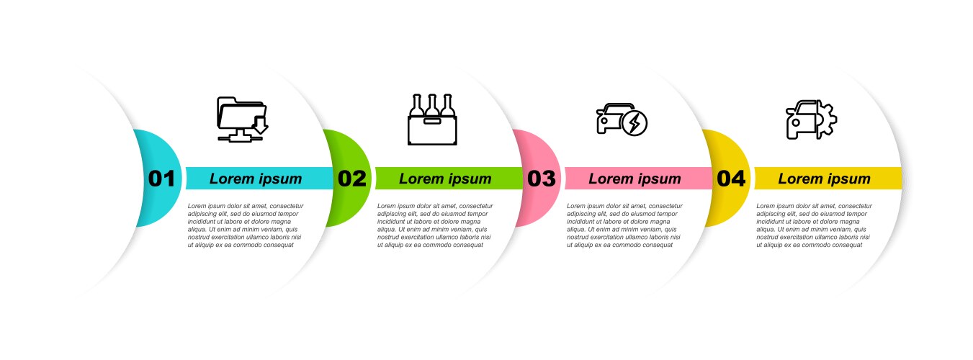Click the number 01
(x=161, y=179)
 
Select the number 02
(x=352, y=179)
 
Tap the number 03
(x=541, y=179)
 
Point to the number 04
(x=731, y=179)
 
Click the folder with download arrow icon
(x=243, y=120)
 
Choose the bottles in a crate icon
(x=432, y=120)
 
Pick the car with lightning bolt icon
(x=622, y=120)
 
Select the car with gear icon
(x=812, y=120)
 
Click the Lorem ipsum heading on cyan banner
(x=256, y=179)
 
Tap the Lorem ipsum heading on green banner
(x=445, y=179)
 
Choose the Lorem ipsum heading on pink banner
(x=635, y=179)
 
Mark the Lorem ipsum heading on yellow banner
(x=824, y=179)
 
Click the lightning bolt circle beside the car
(x=635, y=123)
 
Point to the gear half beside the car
(x=828, y=120)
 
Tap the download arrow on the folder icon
(x=260, y=125)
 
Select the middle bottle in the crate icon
(x=432, y=105)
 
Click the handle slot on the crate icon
(x=432, y=121)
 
